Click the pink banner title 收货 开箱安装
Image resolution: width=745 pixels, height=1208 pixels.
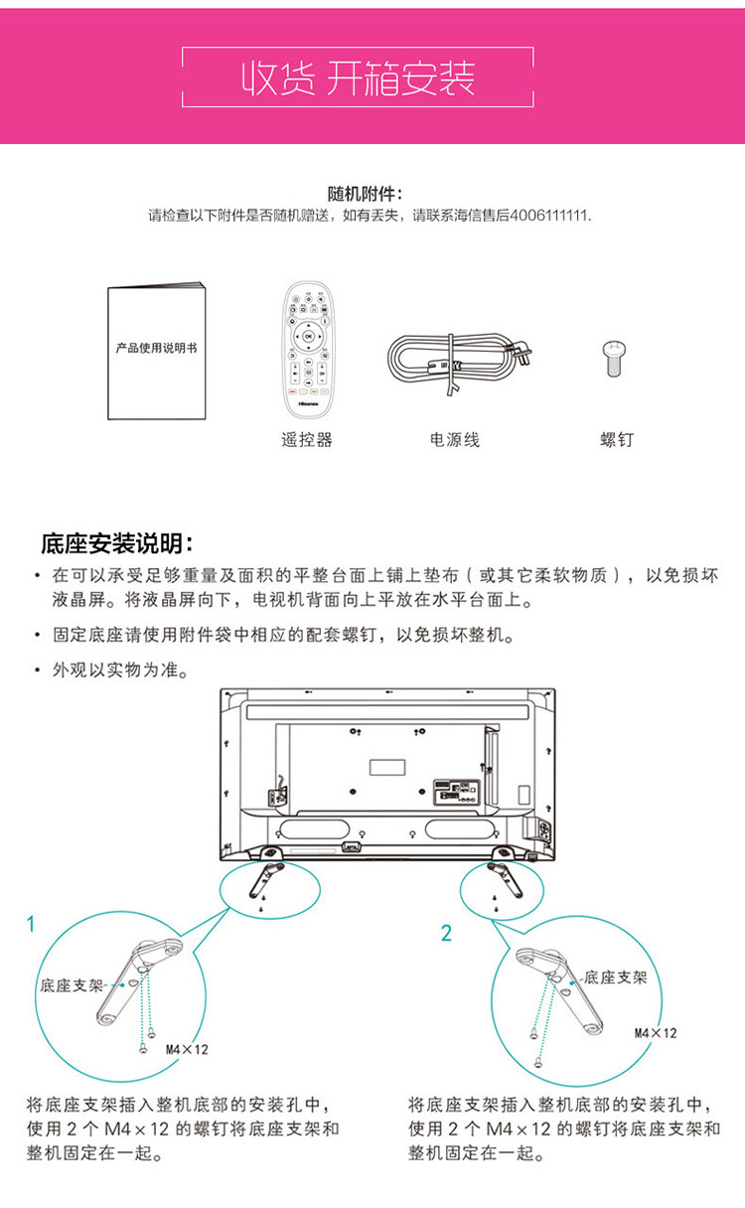pyautogui.click(x=359, y=77)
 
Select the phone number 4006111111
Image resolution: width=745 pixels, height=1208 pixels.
pyautogui.click(x=549, y=215)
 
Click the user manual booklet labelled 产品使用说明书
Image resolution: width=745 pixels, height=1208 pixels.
pyautogui.click(x=156, y=351)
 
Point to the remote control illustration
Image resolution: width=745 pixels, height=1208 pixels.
pyautogui.click(x=308, y=350)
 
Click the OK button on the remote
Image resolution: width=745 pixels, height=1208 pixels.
pyautogui.click(x=308, y=337)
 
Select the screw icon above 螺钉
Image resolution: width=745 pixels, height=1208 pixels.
pyautogui.click(x=616, y=358)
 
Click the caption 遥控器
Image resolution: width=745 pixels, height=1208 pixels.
pyautogui.click(x=307, y=439)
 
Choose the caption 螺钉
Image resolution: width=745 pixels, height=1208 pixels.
pyautogui.click(x=616, y=439)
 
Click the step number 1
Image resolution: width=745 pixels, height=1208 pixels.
pyautogui.click(x=31, y=924)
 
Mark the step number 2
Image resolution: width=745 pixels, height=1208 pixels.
pyautogui.click(x=446, y=933)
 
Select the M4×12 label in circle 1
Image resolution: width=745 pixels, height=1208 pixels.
pyautogui.click(x=187, y=1049)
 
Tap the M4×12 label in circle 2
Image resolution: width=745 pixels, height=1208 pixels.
pyautogui.click(x=656, y=1033)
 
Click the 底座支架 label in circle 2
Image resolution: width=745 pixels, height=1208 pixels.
pyautogui.click(x=616, y=977)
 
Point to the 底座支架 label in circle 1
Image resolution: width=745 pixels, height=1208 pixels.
pyautogui.click(x=72, y=986)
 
